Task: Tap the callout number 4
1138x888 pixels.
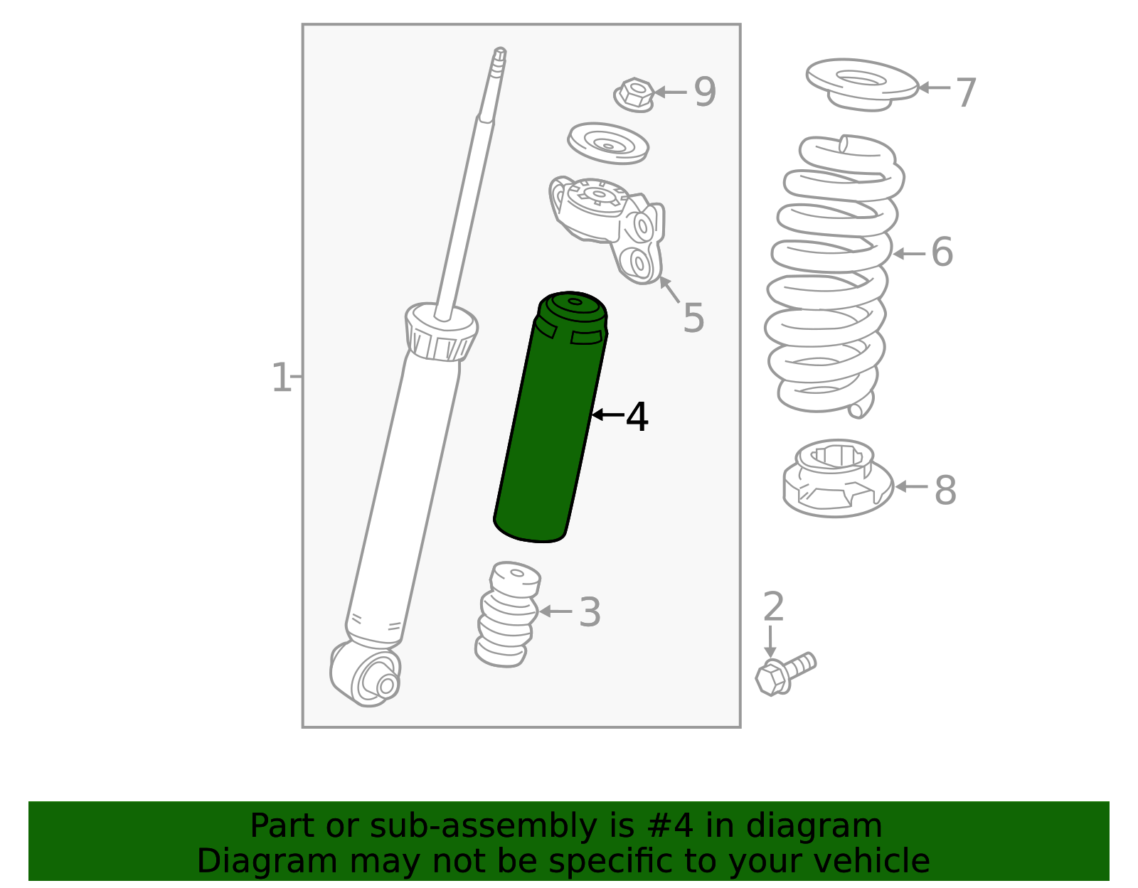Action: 637,417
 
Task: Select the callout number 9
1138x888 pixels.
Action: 705,92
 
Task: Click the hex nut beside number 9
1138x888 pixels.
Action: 634,95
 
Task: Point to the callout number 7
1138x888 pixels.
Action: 966,93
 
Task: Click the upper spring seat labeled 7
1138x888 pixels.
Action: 862,85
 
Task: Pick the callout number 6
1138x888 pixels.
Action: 942,252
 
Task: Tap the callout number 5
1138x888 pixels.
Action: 694,318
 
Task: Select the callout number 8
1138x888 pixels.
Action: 945,491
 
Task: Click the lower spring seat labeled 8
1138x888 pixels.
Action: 838,478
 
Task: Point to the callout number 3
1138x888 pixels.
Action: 590,611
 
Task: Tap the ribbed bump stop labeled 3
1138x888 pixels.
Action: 507,614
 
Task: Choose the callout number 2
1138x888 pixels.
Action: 774,606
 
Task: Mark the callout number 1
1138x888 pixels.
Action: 281,377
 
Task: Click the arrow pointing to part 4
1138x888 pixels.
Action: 607,415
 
